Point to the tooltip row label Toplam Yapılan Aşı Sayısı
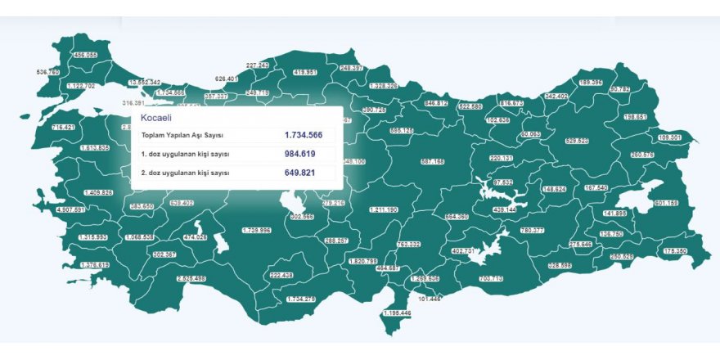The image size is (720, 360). click(x=185, y=135)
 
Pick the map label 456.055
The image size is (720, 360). click(x=85, y=55)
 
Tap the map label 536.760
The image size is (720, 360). click(x=49, y=72)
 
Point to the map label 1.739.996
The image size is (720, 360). click(x=256, y=231)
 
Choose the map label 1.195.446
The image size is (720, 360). click(x=397, y=313)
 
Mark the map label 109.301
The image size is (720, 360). click(x=669, y=137)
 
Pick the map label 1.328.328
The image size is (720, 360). click(x=383, y=85)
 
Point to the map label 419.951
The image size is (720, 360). click(x=305, y=72)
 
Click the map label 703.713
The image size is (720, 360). click(x=491, y=279)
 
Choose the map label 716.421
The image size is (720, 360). click(x=63, y=128)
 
